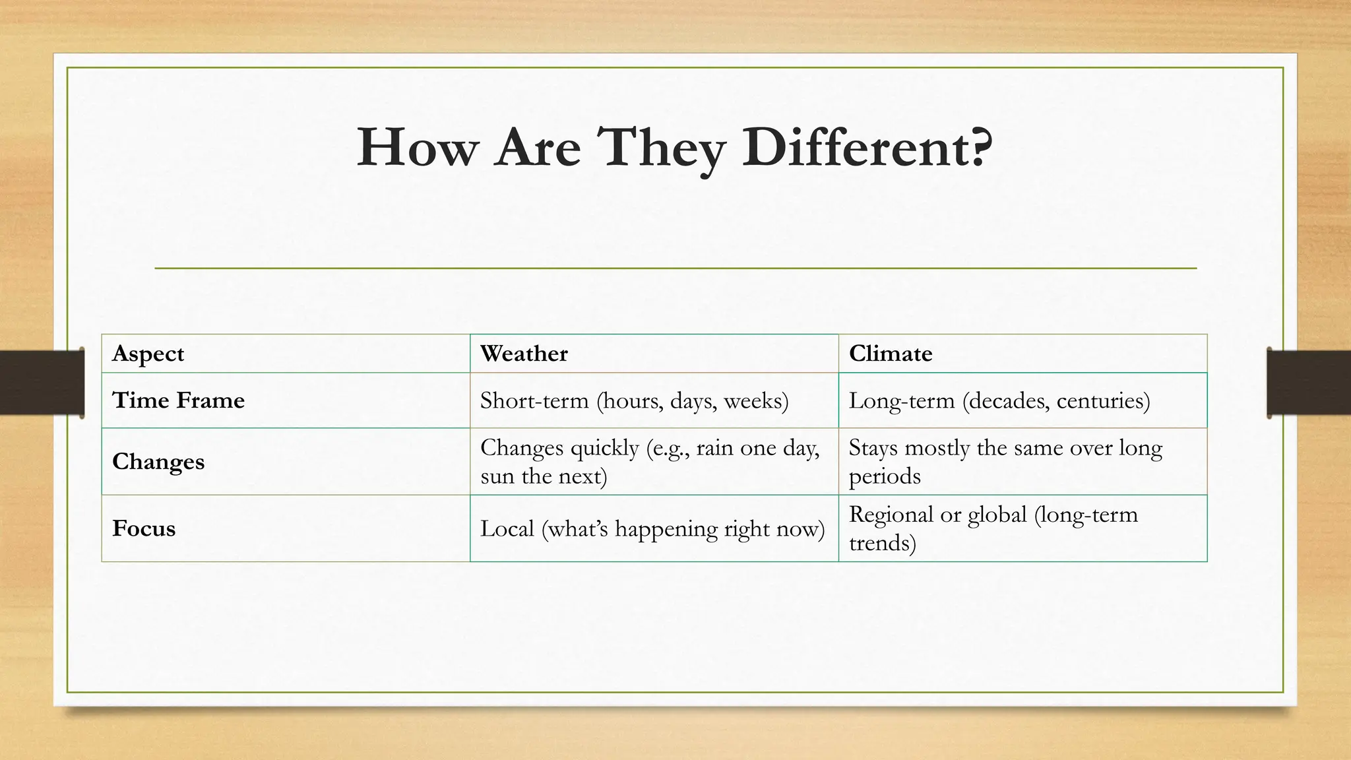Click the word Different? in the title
867,148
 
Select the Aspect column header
148,354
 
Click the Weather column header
524,354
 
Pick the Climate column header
891,354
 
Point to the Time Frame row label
179,400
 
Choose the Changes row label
158,462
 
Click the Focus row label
144,528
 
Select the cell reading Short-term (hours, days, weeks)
634,400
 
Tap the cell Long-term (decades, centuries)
999,400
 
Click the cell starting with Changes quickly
650,461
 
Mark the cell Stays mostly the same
1005,461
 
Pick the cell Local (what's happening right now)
652,528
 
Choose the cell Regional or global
993,528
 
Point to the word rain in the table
714,448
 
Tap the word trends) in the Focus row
882,543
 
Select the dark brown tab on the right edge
1309,383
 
